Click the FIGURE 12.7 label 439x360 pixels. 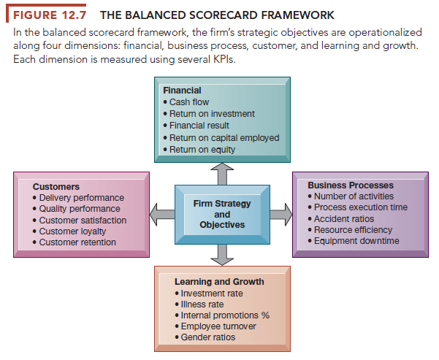coord(47,15)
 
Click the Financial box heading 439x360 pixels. coord(183,91)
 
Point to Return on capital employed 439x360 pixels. coord(224,137)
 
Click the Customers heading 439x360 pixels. coord(56,187)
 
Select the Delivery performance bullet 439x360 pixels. coord(80,198)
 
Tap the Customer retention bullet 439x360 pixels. coord(77,242)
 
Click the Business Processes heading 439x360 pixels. coord(351,185)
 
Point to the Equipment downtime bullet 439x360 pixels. coord(356,240)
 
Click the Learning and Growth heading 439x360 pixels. coord(219,281)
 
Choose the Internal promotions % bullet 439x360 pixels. coord(225,315)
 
